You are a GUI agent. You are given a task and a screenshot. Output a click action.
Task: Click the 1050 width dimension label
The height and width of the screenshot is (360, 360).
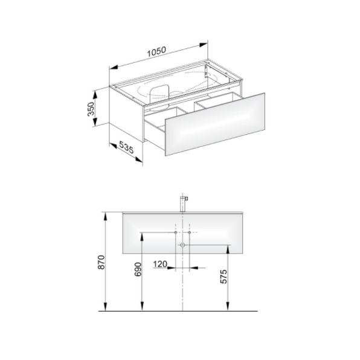[156, 52]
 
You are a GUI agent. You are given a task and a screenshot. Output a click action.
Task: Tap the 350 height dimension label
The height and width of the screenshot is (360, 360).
[91, 109]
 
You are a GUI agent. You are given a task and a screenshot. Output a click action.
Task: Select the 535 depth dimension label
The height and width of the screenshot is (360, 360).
[126, 147]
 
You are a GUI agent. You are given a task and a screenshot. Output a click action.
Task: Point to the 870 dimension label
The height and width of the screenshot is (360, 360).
[101, 262]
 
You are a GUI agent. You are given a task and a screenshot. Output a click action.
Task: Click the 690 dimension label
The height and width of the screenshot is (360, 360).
[138, 269]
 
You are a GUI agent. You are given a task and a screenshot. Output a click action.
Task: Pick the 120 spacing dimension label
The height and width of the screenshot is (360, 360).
[160, 264]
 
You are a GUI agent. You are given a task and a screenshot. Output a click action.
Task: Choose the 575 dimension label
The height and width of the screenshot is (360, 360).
[223, 276]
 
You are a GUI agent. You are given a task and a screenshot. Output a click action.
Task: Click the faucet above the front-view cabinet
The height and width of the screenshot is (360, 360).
[184, 204]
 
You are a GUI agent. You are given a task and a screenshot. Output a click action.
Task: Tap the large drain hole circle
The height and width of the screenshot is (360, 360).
[182, 245]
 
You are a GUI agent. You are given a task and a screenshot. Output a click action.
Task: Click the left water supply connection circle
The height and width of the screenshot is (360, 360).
[176, 233]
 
